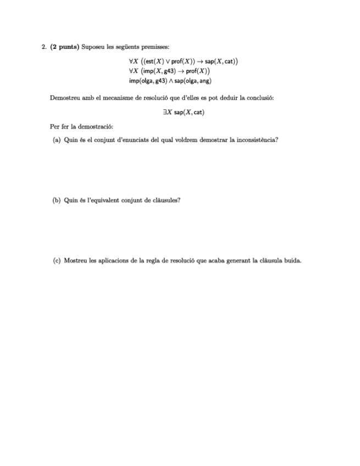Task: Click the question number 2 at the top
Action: coord(43,47)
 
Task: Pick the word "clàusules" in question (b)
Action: coord(168,200)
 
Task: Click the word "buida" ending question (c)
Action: coord(292,260)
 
